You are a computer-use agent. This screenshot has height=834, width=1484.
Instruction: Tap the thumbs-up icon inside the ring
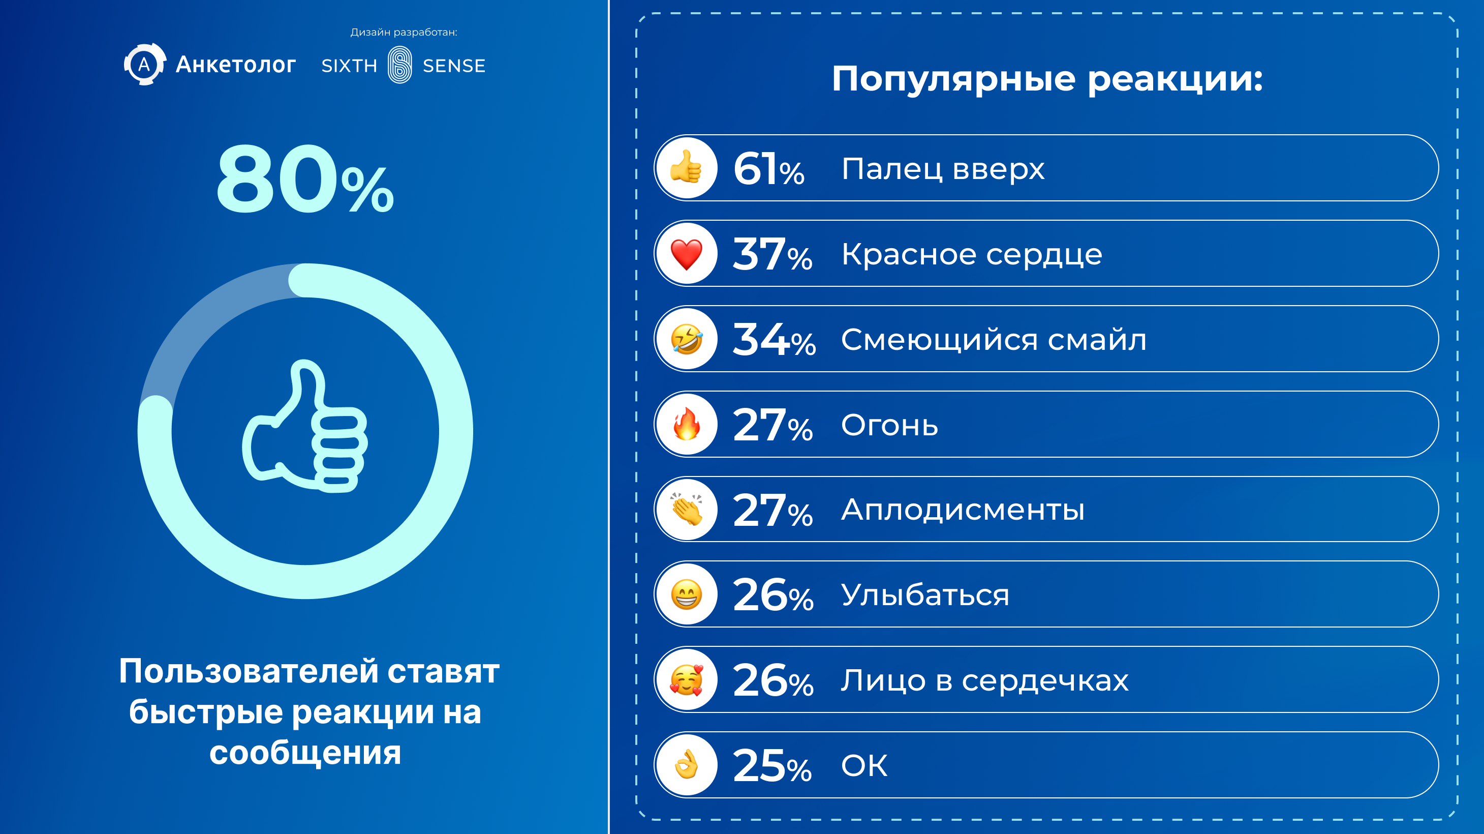click(304, 427)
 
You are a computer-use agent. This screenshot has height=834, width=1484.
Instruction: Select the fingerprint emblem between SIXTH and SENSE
click(400, 65)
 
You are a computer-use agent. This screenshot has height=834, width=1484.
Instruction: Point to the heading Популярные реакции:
click(1047, 79)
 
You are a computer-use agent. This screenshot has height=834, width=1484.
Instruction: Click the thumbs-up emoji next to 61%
click(686, 168)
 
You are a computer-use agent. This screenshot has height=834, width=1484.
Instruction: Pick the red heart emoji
click(686, 254)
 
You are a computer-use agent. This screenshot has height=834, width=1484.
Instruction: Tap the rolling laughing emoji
click(686, 339)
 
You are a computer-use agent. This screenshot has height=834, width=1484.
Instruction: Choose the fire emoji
click(686, 424)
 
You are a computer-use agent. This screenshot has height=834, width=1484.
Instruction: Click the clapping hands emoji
click(686, 510)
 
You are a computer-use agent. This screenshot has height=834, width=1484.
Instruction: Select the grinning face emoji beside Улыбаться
click(686, 594)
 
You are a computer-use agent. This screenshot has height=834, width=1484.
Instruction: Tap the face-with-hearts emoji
click(686, 679)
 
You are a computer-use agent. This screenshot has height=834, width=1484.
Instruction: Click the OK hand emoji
click(686, 765)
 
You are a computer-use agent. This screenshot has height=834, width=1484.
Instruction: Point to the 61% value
click(768, 169)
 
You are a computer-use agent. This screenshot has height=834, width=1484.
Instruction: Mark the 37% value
click(772, 254)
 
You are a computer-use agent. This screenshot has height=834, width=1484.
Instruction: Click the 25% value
click(772, 766)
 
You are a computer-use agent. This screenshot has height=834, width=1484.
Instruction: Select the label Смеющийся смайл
click(994, 340)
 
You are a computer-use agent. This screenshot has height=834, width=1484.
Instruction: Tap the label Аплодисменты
click(963, 510)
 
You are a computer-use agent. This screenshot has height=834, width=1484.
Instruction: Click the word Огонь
click(889, 425)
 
